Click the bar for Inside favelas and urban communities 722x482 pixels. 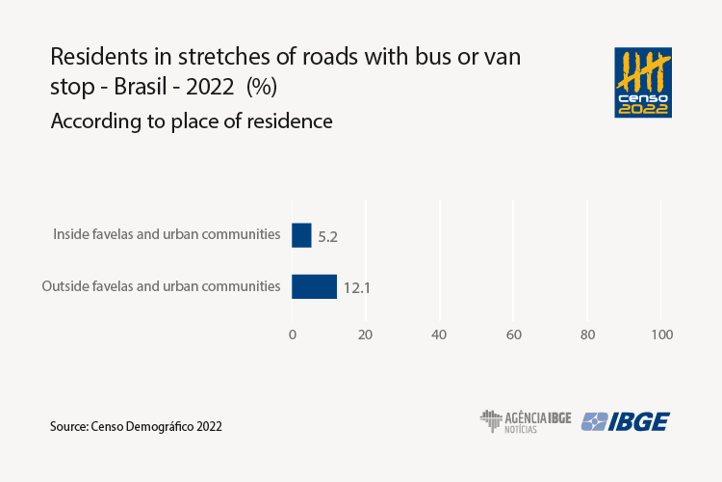(x=301, y=235)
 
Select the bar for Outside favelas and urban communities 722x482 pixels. (x=314, y=286)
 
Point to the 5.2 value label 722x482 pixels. (x=327, y=236)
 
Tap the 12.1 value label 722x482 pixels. (x=357, y=287)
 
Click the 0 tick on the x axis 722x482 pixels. (x=293, y=335)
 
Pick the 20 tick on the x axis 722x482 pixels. (x=366, y=335)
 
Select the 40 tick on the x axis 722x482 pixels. (x=440, y=335)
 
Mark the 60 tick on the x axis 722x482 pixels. (x=513, y=335)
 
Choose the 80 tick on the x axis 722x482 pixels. (x=587, y=335)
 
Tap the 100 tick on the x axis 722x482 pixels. (x=661, y=335)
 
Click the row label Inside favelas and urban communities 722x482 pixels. (x=167, y=234)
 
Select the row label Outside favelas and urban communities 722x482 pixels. (x=161, y=286)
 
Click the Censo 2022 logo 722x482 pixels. (x=643, y=82)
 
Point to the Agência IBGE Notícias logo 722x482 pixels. (x=526, y=421)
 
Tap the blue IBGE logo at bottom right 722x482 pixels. (x=626, y=421)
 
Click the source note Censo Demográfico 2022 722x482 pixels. (x=136, y=425)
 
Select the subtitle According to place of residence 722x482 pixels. (x=192, y=122)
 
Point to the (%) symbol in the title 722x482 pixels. (x=262, y=86)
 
